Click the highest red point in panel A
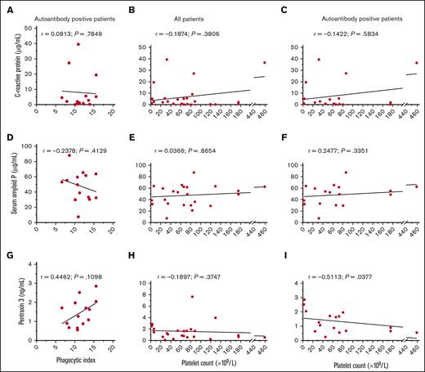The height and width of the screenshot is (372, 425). (x=78, y=45)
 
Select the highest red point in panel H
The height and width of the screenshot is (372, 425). (x=192, y=297)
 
